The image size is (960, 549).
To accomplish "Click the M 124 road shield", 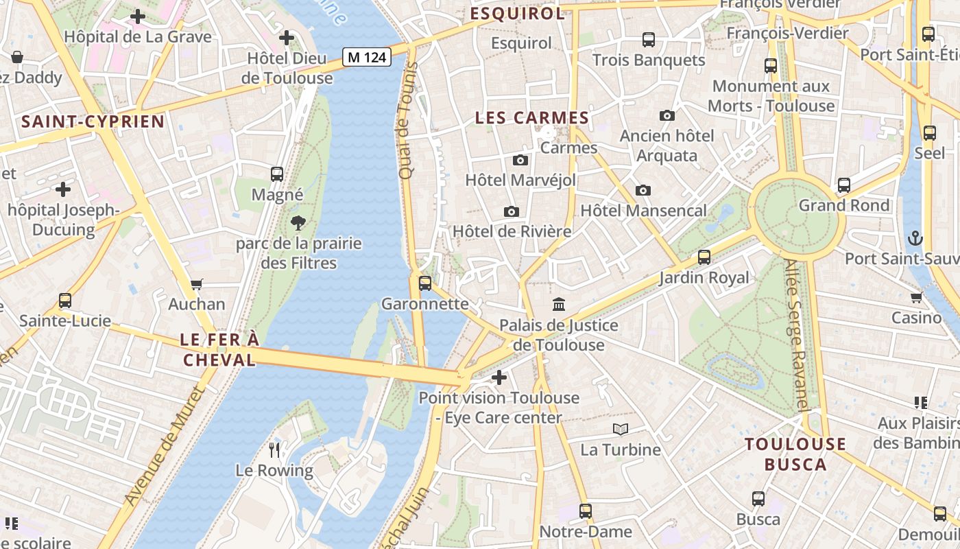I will (x=367, y=57).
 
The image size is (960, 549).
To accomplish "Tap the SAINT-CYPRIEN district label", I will (x=93, y=122).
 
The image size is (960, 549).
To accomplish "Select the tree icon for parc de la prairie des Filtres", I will (x=298, y=222).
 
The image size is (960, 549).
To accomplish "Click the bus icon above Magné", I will (x=277, y=174).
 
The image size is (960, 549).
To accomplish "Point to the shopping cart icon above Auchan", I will (x=197, y=284).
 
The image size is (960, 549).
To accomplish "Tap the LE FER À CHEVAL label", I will (x=219, y=349).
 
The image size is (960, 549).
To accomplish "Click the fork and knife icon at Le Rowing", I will (x=274, y=450).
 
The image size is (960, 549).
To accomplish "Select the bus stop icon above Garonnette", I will (x=425, y=283).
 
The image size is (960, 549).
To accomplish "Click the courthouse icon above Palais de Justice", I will (x=559, y=304).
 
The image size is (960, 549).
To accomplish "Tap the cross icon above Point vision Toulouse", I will (x=499, y=377).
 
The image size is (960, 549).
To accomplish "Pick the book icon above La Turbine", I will (x=621, y=430).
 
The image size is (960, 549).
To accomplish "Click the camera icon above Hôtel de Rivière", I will (x=511, y=211).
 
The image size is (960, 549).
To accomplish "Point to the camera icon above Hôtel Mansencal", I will (x=643, y=190).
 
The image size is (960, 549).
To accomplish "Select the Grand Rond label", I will (x=844, y=205).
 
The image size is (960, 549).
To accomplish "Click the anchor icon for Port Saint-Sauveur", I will (x=915, y=239).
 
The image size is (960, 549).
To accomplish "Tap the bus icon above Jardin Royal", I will (x=704, y=257).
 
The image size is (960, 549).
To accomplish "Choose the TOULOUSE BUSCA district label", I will (x=795, y=454).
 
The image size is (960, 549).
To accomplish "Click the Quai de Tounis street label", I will (x=408, y=121).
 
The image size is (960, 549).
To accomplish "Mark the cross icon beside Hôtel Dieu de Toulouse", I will (x=287, y=38).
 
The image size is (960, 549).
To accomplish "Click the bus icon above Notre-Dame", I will (x=585, y=511).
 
